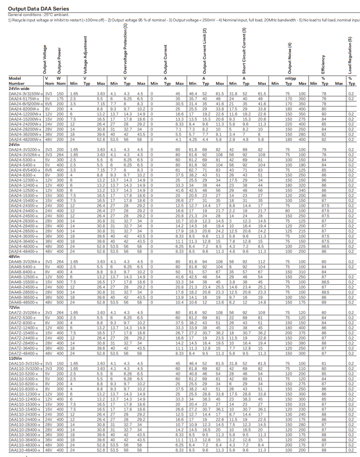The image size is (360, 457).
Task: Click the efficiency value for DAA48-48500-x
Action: pyautogui.click(x=324, y=302)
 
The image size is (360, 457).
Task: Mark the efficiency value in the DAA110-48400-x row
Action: pyautogui.click(x=324, y=450)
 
